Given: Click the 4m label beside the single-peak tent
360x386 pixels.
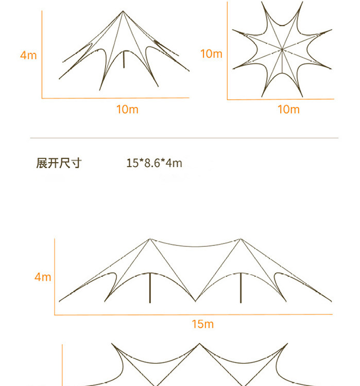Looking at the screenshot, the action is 28,55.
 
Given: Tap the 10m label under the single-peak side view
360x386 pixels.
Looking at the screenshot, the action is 127,109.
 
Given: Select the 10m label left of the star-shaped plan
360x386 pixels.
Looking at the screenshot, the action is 211,54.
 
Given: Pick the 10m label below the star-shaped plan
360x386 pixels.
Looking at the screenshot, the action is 288,109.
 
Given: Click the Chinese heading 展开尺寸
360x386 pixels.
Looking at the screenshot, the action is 59,163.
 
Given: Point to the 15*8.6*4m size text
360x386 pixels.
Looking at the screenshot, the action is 154,163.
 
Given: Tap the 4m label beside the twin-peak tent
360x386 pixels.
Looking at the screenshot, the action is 43,277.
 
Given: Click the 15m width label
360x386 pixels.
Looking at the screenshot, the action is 202,324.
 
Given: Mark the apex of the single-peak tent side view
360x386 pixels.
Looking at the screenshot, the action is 123,11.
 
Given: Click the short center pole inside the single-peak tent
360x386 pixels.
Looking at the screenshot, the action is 124,59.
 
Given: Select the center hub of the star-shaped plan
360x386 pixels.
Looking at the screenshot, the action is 282,50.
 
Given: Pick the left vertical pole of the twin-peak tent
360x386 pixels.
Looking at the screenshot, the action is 150,288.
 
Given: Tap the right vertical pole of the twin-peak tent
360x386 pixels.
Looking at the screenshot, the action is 241,288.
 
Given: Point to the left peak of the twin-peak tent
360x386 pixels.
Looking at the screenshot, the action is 150,238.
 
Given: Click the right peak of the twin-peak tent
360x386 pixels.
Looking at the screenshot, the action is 241,238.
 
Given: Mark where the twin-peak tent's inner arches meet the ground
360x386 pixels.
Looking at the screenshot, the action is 195,301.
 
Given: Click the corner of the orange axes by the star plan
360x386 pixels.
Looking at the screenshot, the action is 227,99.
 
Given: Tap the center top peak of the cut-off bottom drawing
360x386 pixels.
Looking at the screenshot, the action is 200,344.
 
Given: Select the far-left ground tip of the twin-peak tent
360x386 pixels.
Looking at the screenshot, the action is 59,301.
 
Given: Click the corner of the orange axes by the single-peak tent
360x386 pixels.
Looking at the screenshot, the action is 42,98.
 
